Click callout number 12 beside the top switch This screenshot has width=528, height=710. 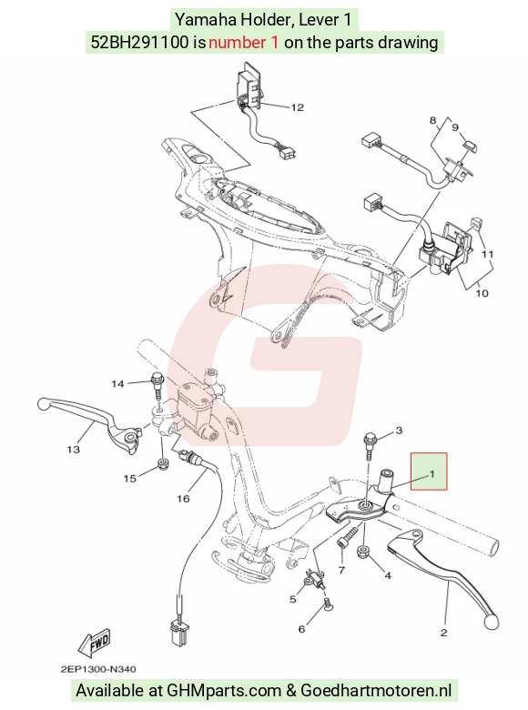(x=297, y=107)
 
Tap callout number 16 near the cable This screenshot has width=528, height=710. (x=183, y=499)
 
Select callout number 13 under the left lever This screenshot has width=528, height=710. (x=74, y=450)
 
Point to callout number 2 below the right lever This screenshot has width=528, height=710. (x=443, y=633)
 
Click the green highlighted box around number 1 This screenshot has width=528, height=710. (x=429, y=472)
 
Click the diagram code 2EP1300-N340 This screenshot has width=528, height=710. (x=98, y=669)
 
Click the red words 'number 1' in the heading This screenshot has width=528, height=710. (x=244, y=43)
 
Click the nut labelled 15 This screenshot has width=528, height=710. (x=163, y=463)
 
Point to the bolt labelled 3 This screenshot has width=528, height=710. (x=369, y=446)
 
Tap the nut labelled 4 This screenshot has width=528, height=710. (x=363, y=552)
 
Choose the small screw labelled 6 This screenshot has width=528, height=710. (x=327, y=603)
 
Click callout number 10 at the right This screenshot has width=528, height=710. (x=482, y=293)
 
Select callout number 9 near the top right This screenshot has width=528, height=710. (x=455, y=127)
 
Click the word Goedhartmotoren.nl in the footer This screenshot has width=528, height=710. (x=376, y=691)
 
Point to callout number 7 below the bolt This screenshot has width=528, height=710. (x=341, y=570)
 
